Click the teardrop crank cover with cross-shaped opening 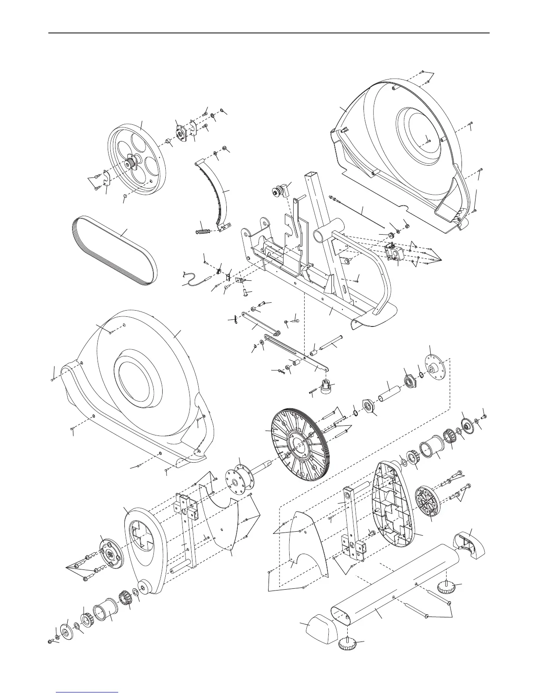click(145, 549)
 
